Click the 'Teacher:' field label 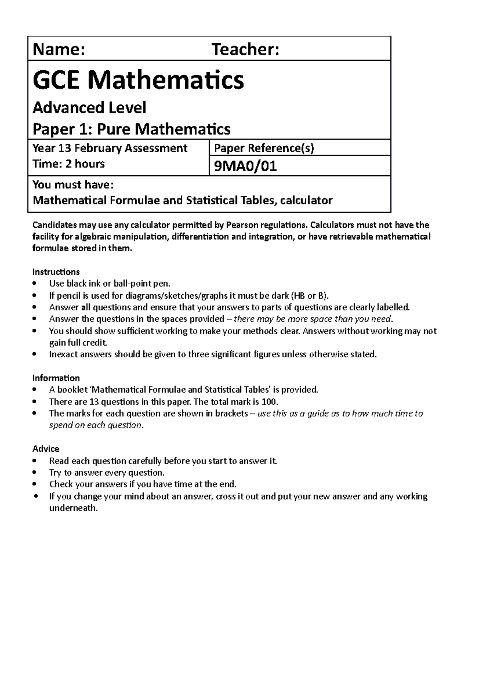pos(245,50)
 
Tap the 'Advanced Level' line pos(89,108)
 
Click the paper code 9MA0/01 pos(245,166)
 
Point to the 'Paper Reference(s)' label pos(264,148)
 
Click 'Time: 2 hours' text pos(68,164)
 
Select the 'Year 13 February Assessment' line pos(110,148)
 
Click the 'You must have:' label pos(73,185)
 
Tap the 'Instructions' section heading pos(56,272)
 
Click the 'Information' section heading pos(56,378)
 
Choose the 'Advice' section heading pos(46,448)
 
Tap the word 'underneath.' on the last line pos(73,508)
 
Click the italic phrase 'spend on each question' pos(95,425)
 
